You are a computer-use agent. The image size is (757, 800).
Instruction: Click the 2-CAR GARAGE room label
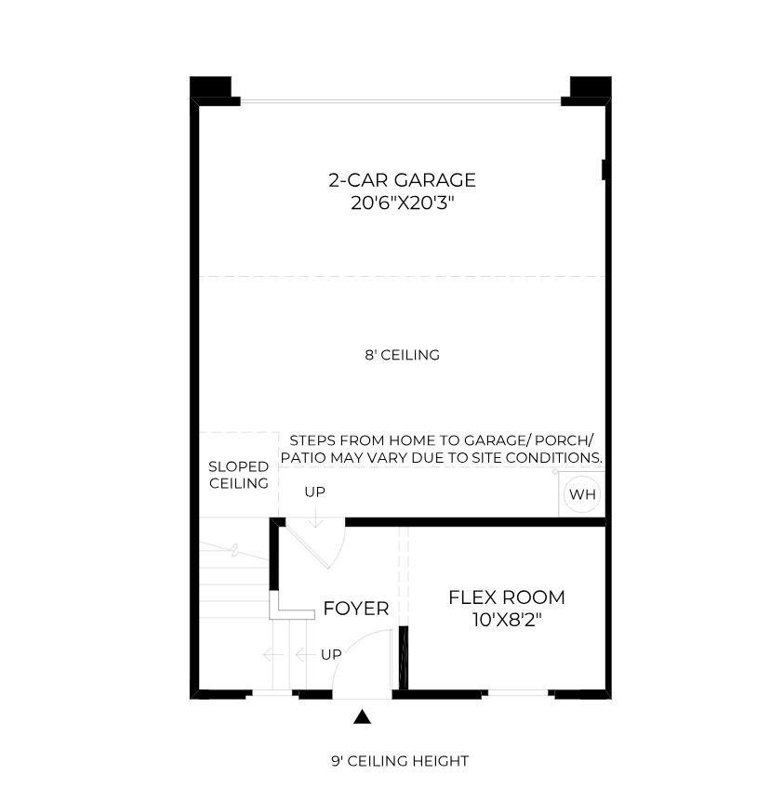(x=402, y=180)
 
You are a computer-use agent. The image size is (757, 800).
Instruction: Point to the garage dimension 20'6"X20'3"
(x=403, y=203)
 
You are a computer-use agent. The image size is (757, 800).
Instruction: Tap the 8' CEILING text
(x=402, y=355)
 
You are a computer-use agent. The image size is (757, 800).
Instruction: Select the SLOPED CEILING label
(x=239, y=475)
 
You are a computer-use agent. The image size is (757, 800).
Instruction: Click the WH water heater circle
(x=582, y=494)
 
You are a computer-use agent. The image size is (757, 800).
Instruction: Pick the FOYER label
(x=356, y=609)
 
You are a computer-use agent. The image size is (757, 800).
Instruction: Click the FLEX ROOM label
(x=507, y=597)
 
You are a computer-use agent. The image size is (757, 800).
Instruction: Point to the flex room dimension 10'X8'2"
(x=507, y=620)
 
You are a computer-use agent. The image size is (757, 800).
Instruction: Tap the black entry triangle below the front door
(x=362, y=716)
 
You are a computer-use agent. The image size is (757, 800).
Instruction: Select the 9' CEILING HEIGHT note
(x=400, y=761)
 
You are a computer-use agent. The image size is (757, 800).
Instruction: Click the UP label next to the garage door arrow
(x=314, y=492)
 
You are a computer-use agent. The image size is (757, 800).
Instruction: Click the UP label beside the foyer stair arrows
(x=331, y=654)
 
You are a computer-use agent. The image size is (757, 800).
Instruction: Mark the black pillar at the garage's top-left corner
(x=210, y=86)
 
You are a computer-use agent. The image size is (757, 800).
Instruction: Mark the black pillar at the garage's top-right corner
(x=591, y=86)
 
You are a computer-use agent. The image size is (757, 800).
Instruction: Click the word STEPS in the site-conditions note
(x=312, y=440)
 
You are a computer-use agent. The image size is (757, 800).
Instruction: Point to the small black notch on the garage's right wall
(x=604, y=170)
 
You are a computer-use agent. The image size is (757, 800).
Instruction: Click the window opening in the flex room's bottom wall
(x=517, y=693)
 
